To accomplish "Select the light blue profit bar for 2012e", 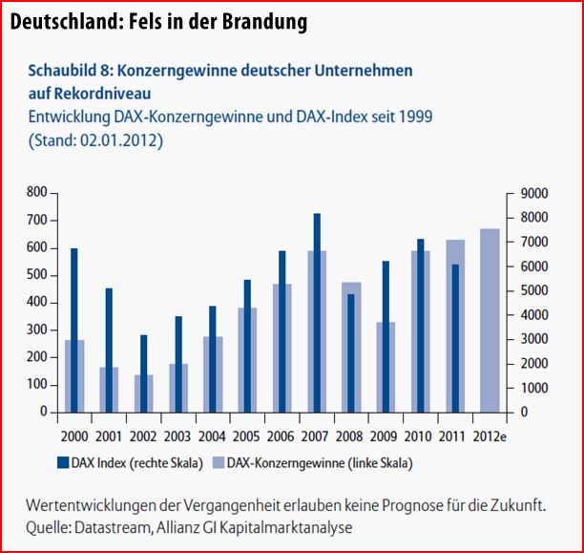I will pos(490,320).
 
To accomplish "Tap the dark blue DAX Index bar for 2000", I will pos(73,330).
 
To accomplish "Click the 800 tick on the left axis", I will pos(35,193).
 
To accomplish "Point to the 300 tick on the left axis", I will pos(35,330).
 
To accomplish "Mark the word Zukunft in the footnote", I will pos(516,506).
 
